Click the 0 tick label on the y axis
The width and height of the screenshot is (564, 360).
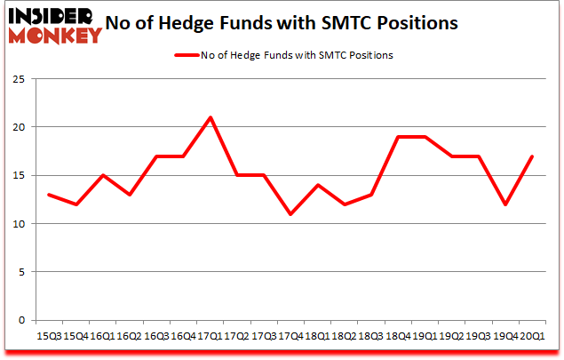pos(20,320)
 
